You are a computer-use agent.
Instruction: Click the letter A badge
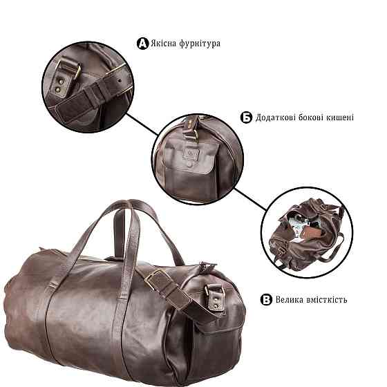[143, 44]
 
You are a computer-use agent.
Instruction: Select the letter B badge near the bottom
[266, 299]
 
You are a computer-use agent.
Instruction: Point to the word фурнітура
[202, 44]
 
